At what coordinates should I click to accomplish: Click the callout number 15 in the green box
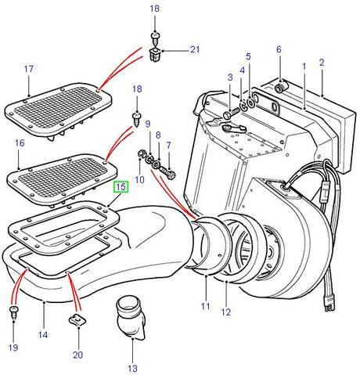click(x=121, y=187)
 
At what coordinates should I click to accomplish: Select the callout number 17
click(x=28, y=70)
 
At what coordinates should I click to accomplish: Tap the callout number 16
click(x=20, y=144)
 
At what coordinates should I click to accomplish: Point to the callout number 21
click(x=195, y=50)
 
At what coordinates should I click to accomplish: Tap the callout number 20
click(x=78, y=354)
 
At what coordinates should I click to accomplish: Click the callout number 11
click(x=204, y=307)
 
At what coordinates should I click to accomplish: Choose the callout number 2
click(x=321, y=62)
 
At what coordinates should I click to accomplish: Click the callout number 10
click(x=139, y=180)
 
